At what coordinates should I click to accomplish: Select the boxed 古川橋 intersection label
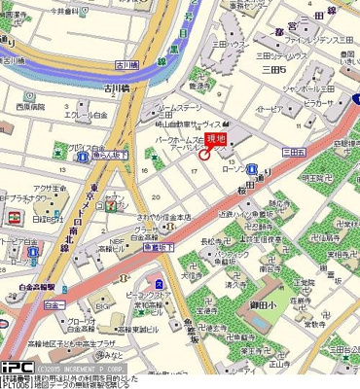[x=126, y=64]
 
